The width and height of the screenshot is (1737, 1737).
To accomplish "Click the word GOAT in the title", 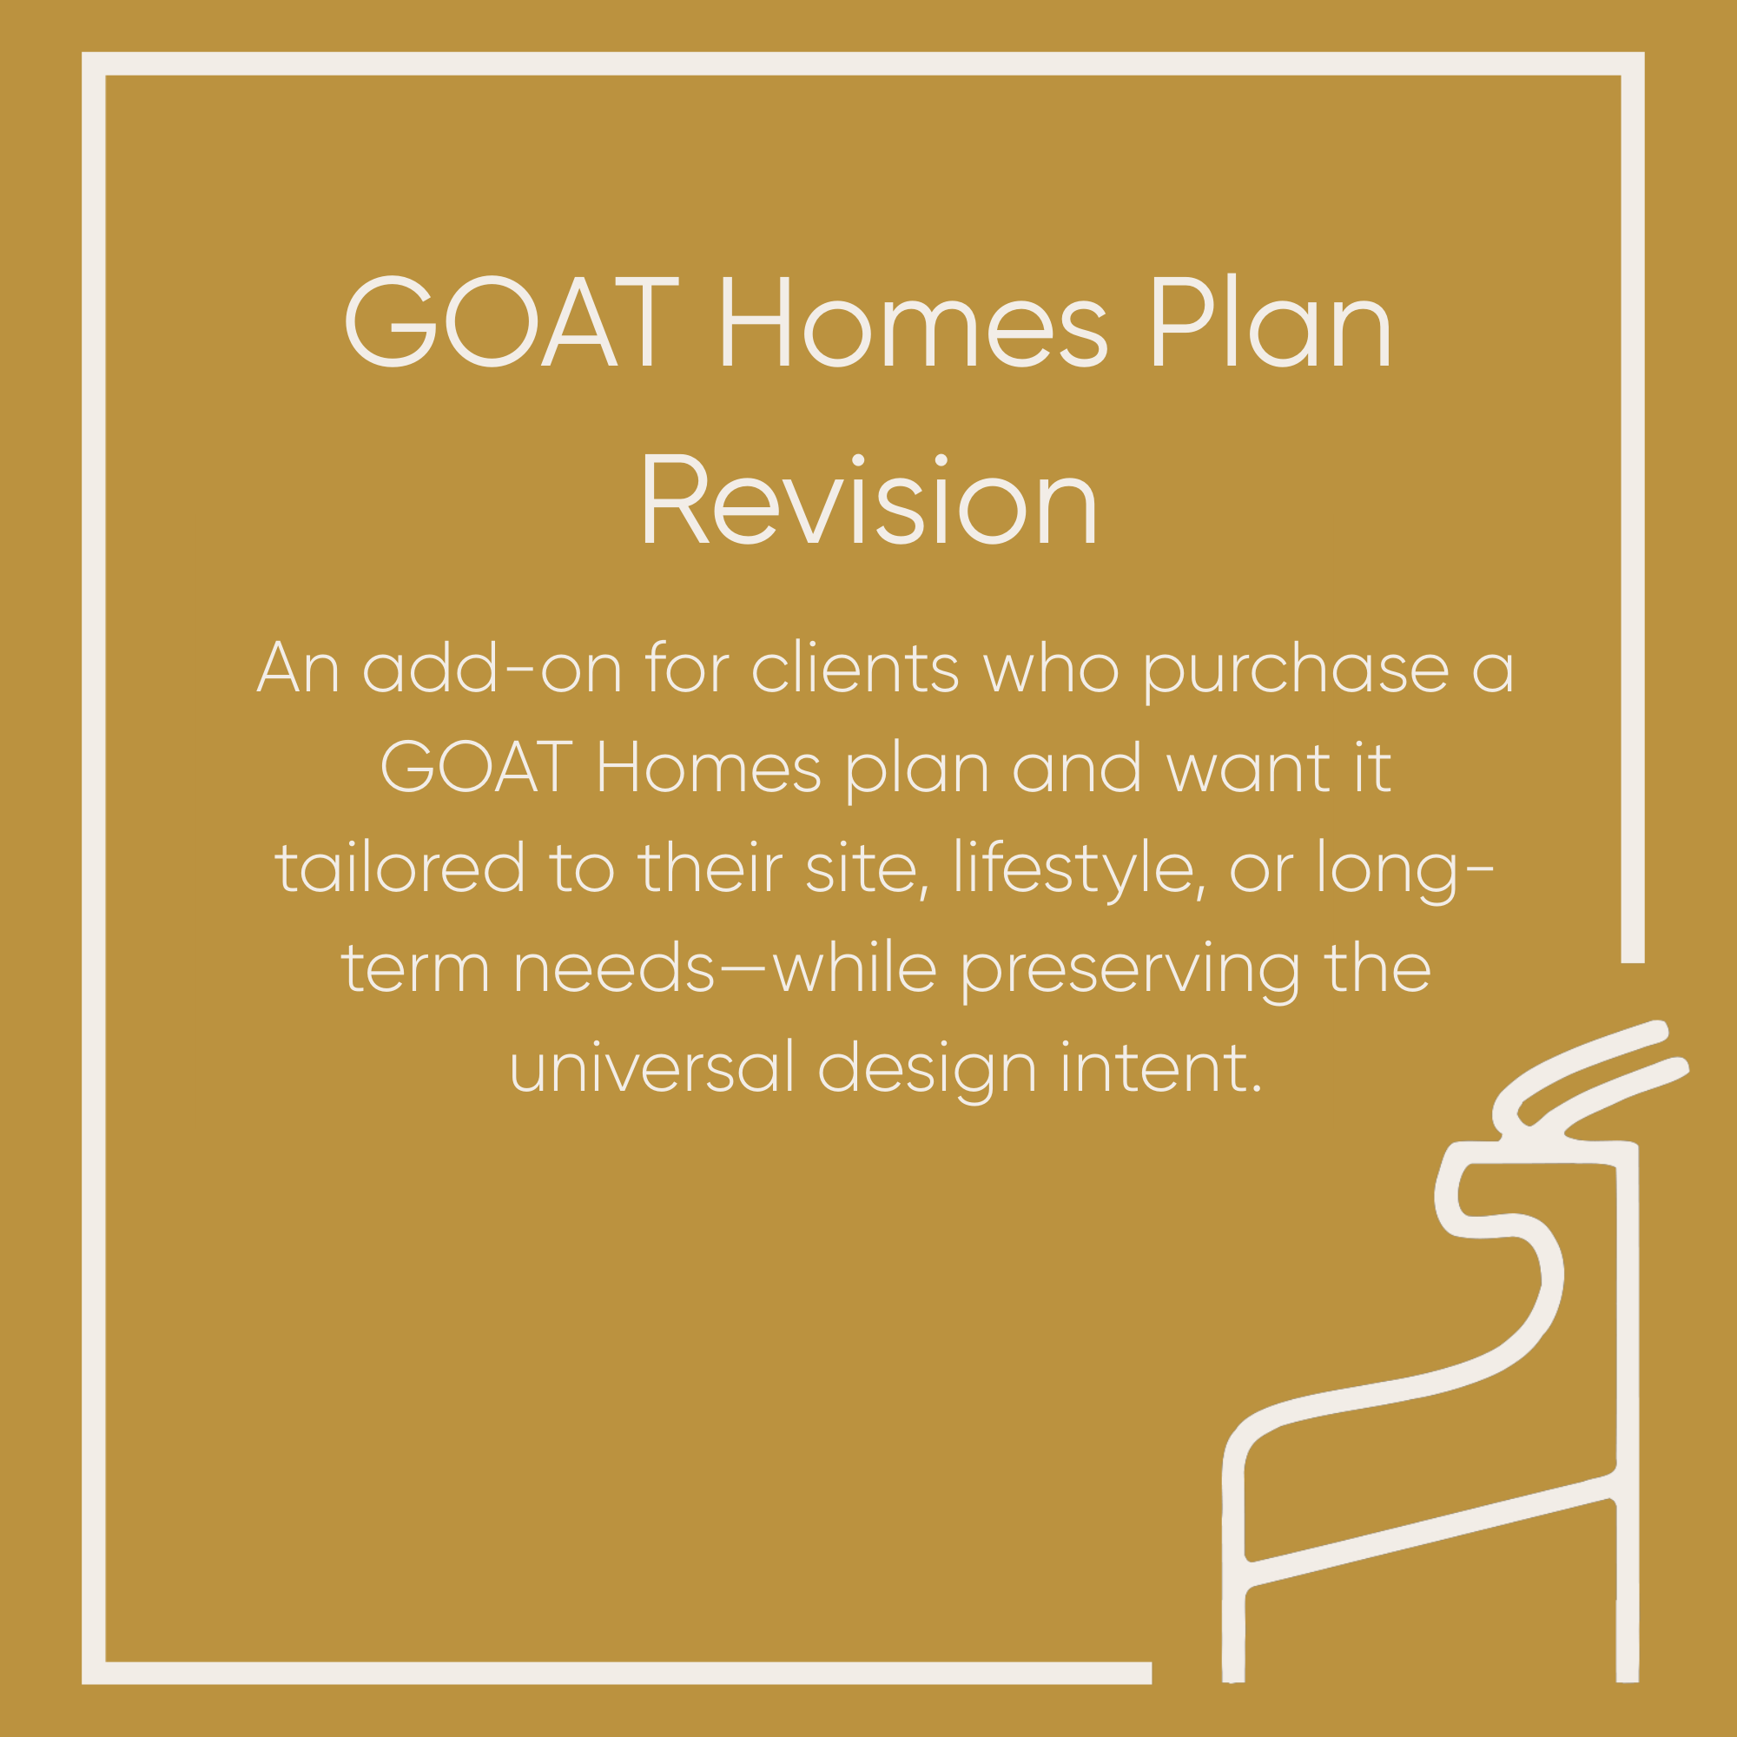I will [x=511, y=322].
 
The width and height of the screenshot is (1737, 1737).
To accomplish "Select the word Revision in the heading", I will [x=868, y=501].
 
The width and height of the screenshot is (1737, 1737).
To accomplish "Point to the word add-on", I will [x=492, y=669].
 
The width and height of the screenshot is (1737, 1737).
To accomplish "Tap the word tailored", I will [x=400, y=868].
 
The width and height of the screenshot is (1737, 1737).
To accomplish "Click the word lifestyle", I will [x=1078, y=868].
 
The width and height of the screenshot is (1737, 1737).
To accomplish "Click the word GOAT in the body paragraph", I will [x=477, y=768].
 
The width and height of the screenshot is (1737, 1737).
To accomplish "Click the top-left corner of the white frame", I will [x=94, y=63].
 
